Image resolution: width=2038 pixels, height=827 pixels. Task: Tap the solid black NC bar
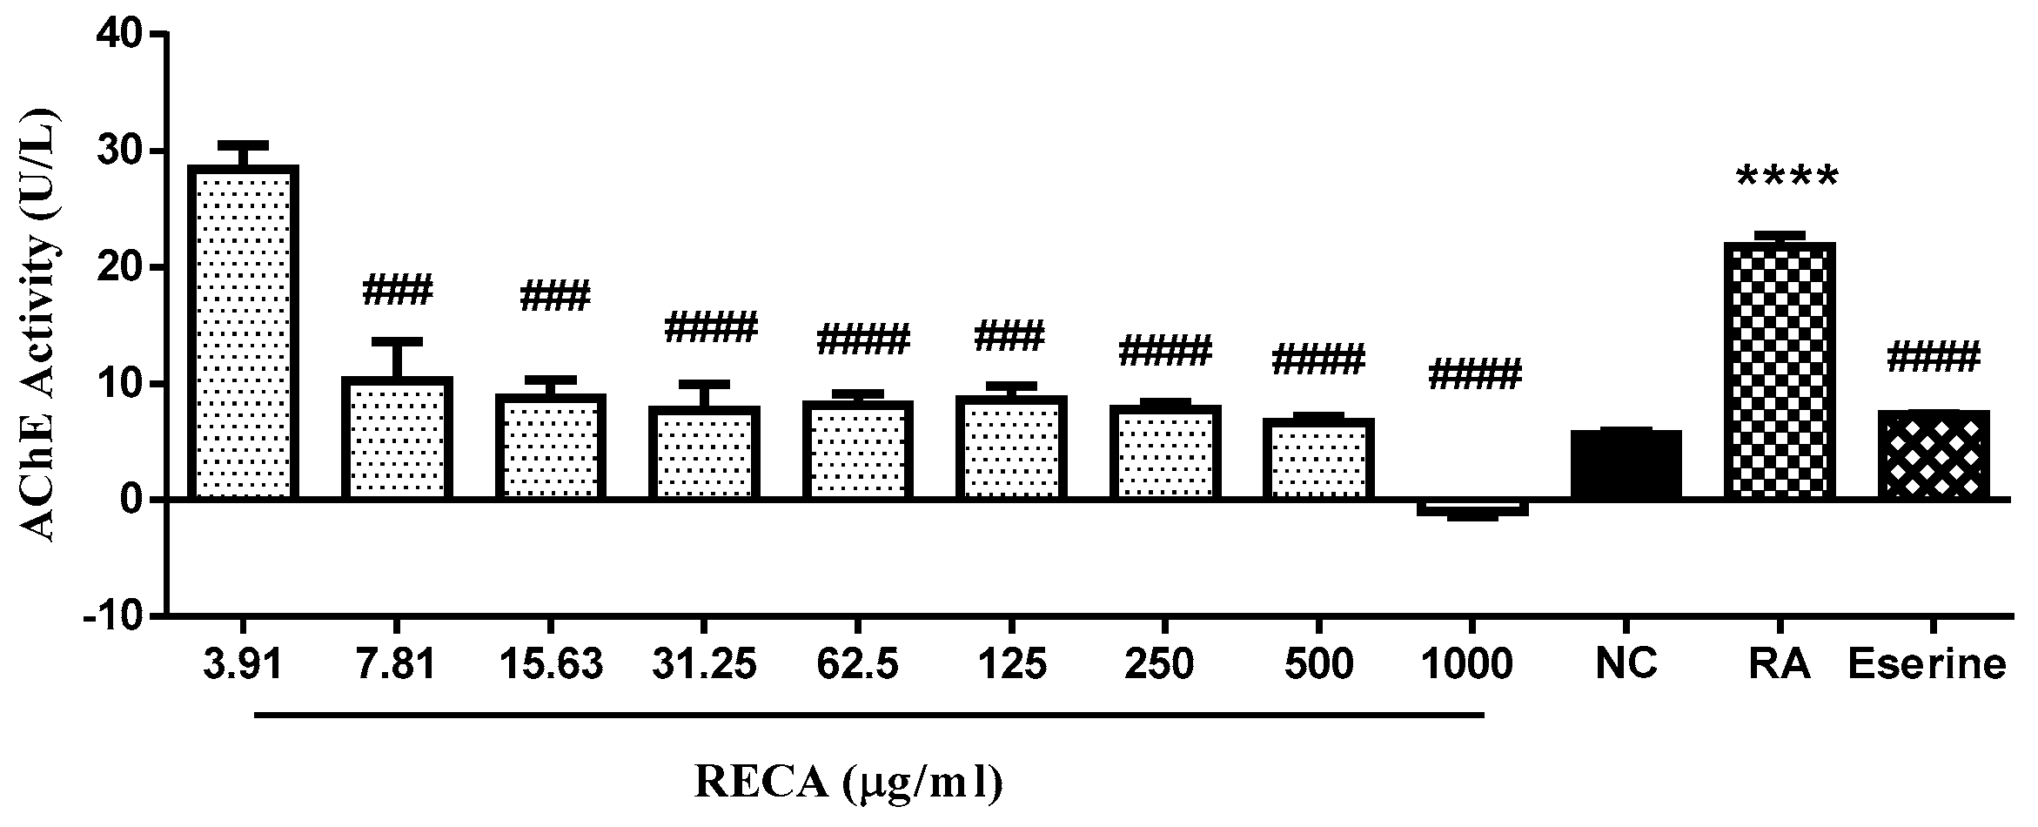coord(1626,465)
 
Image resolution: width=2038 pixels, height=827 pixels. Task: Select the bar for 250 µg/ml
coord(1164,453)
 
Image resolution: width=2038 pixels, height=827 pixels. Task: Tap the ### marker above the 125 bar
coord(1009,336)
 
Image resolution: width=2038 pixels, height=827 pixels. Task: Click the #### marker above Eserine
coord(1932,358)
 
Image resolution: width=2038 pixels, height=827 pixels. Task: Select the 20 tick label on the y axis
coord(124,267)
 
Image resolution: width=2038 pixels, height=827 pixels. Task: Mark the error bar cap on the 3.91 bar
coord(243,145)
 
